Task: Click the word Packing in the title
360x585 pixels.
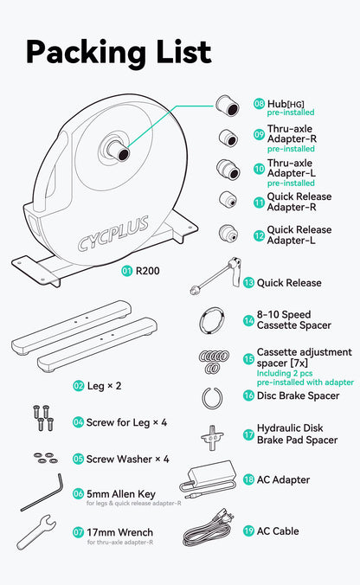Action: point(87,53)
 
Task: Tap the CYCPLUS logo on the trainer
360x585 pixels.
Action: point(113,233)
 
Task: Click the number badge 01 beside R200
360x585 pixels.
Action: point(127,271)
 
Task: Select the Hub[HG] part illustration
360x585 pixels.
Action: point(228,106)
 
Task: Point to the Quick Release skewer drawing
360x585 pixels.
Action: point(215,276)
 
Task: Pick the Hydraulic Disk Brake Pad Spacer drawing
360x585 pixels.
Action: point(212,437)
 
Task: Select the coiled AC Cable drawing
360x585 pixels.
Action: point(209,528)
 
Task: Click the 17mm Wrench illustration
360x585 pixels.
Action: point(36,532)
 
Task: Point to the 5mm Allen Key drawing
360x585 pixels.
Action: point(42,492)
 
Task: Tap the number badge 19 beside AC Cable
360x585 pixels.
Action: point(248,530)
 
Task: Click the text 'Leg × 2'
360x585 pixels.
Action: point(104,386)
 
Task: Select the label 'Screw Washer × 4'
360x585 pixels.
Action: point(127,459)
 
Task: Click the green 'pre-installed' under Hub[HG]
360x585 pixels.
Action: point(291,112)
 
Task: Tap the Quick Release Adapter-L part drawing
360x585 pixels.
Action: point(228,234)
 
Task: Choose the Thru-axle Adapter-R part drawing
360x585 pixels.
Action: point(228,138)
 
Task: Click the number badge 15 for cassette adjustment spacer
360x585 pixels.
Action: point(248,359)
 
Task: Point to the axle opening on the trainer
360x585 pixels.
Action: point(123,154)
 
